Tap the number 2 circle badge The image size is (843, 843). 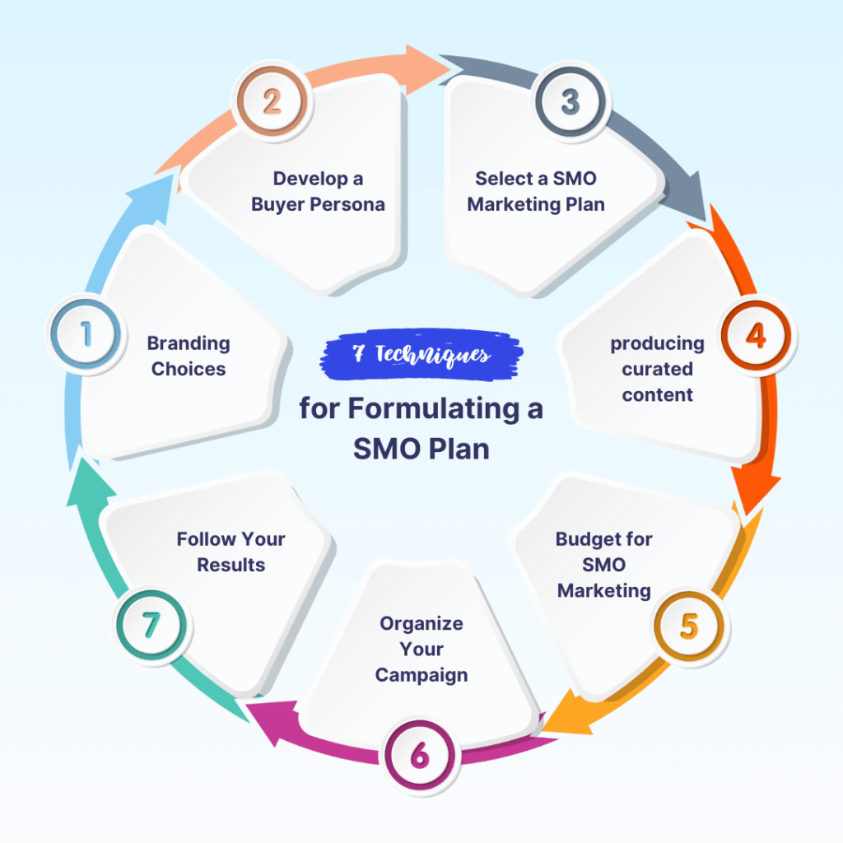pyautogui.click(x=271, y=101)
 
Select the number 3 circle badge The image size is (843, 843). pyautogui.click(x=570, y=101)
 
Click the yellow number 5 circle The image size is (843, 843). pyautogui.click(x=688, y=626)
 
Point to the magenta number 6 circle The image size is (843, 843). pyautogui.click(x=420, y=754)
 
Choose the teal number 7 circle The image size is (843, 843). pyautogui.click(x=150, y=626)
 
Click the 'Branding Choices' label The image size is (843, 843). pyautogui.click(x=189, y=356)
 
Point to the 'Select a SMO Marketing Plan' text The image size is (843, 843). pyautogui.click(x=536, y=191)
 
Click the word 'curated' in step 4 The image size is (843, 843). pyautogui.click(x=657, y=369)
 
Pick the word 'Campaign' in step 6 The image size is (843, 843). pyautogui.click(x=421, y=675)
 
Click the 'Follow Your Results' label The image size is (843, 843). pyautogui.click(x=231, y=552)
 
